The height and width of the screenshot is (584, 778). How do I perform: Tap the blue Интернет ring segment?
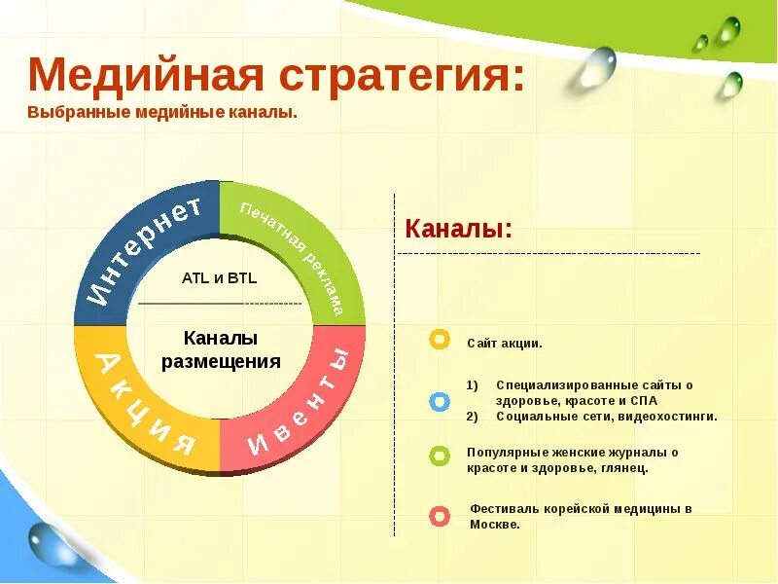141,251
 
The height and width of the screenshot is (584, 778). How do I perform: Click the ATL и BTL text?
219,278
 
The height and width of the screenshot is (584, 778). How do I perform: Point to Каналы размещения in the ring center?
221,350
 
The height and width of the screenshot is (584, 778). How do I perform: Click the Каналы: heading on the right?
458,229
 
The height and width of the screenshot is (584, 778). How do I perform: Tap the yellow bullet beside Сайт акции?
440,340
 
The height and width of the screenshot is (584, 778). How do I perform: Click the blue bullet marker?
440,401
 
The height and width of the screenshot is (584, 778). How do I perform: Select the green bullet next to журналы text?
440,456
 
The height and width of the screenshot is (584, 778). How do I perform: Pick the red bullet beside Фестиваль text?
440,516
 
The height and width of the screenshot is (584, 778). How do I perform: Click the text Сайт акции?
504,344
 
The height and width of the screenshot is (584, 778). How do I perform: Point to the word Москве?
494,525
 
